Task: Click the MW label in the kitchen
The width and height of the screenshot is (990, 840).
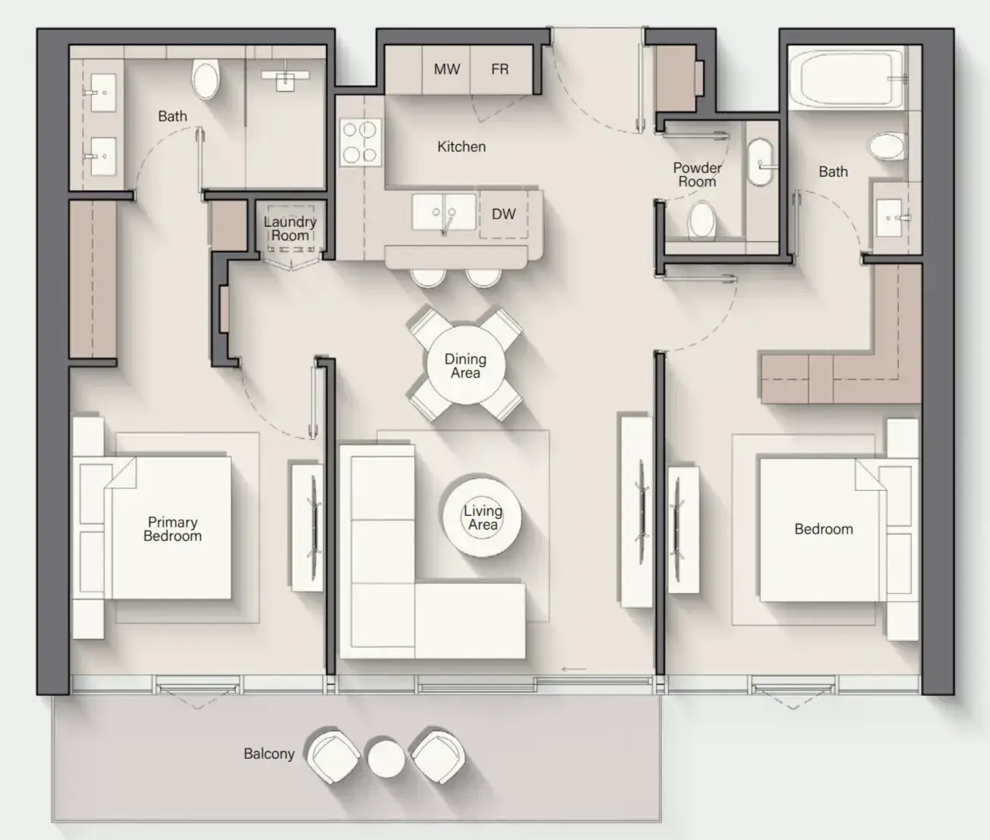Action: tap(447, 70)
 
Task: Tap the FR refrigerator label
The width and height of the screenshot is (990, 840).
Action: tap(499, 70)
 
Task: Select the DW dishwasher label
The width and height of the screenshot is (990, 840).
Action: tap(504, 214)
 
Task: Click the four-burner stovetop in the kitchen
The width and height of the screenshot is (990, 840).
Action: tap(360, 143)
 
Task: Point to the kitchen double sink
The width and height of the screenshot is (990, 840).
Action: tap(444, 212)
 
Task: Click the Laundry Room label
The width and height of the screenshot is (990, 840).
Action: tap(291, 228)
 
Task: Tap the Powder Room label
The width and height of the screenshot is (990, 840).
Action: tap(697, 175)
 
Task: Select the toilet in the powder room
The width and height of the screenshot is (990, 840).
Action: tap(702, 220)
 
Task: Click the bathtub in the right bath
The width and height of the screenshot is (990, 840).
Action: tap(847, 79)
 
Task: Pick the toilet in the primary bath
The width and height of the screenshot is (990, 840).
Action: tap(206, 79)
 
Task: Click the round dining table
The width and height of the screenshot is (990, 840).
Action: tap(466, 366)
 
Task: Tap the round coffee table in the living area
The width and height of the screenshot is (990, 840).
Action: tap(482, 517)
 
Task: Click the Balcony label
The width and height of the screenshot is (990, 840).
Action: tap(269, 753)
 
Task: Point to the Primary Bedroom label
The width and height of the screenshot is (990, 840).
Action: tap(172, 529)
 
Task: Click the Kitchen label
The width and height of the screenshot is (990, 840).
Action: tap(461, 146)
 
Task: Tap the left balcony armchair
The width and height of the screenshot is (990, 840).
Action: tap(333, 757)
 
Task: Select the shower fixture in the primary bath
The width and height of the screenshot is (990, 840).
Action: tap(285, 79)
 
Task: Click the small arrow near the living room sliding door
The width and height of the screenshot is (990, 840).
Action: tap(574, 669)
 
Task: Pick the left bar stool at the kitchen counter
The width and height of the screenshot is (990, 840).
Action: tap(428, 278)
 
